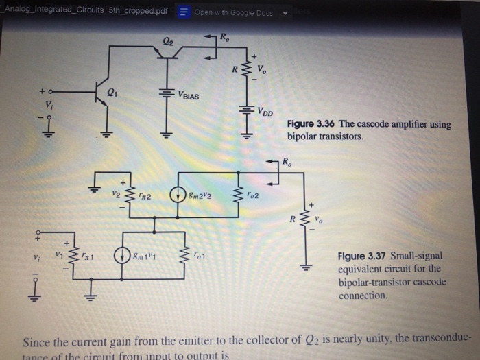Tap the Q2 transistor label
click(x=169, y=42)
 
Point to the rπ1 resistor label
click(x=88, y=257)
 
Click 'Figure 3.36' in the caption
click(x=311, y=124)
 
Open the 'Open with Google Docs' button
click(x=230, y=12)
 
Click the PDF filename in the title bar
click(x=85, y=11)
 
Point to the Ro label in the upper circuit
click(x=224, y=37)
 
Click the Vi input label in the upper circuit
click(x=48, y=105)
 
